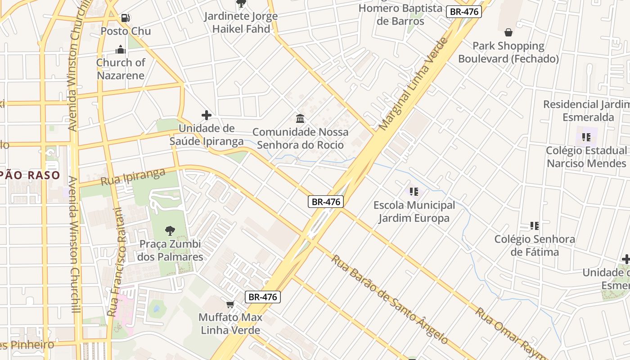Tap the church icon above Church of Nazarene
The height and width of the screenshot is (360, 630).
121,49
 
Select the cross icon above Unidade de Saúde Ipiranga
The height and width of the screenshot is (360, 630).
207,115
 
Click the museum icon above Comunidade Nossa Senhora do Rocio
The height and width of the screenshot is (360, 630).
300,119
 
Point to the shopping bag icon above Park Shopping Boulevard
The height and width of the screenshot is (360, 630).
508,32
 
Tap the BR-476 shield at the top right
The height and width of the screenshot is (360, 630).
464,12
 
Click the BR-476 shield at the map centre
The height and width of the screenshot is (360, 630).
326,202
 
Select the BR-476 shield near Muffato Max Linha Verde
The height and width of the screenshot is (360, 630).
263,297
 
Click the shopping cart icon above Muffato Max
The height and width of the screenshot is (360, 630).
230,305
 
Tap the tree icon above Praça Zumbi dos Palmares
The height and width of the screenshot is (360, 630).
170,231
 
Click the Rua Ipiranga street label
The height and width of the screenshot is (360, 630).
133,177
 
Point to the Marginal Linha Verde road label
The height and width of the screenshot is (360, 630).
414,84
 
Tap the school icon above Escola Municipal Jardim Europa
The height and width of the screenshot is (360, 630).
414,192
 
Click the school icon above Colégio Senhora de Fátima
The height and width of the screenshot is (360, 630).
535,225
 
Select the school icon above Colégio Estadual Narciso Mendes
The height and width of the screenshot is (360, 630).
586,137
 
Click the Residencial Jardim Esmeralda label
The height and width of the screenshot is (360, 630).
587,111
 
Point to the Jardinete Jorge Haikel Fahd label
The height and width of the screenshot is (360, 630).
241,22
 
